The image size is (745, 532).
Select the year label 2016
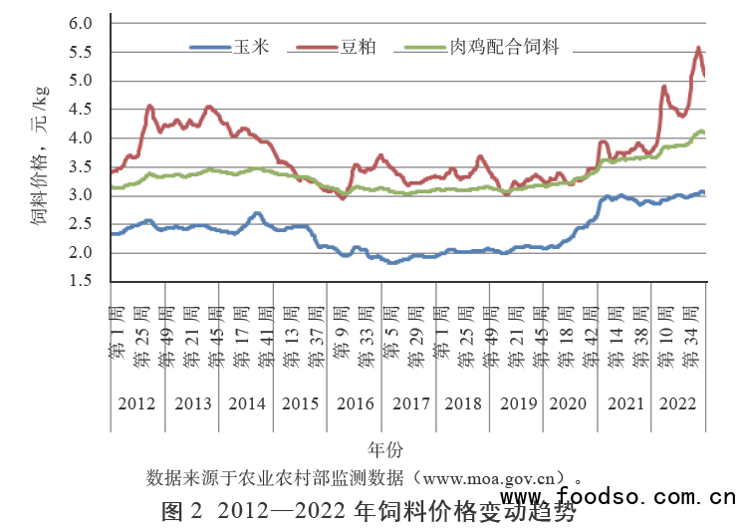pyautogui.click(x=355, y=404)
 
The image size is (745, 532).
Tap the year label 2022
pyautogui.click(x=679, y=404)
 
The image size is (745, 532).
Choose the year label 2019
pyautogui.click(x=517, y=404)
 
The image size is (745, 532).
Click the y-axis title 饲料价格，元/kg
pyautogui.click(x=40, y=154)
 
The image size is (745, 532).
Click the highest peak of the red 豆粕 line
pyautogui.click(x=698, y=47)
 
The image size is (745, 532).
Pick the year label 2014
pyautogui.click(x=246, y=404)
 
